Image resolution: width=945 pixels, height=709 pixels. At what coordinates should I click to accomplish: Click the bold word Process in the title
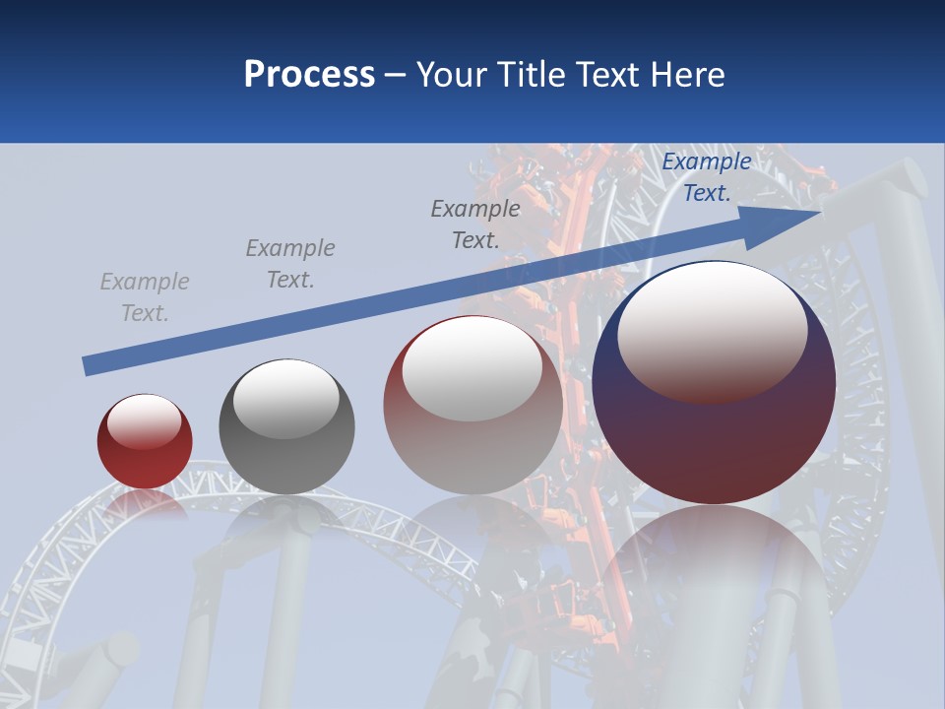[x=309, y=75]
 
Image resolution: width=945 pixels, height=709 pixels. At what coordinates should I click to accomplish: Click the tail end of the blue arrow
[x=87, y=366]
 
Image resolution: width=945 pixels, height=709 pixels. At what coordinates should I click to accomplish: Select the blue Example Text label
[x=707, y=177]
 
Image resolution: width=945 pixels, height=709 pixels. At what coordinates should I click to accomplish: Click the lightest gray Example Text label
[x=145, y=297]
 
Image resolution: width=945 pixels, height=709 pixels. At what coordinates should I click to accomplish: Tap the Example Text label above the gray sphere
[x=290, y=264]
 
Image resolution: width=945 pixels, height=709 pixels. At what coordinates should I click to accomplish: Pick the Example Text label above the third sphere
[x=475, y=224]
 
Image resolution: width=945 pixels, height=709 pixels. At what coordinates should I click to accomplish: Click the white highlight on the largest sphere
[x=712, y=330]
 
